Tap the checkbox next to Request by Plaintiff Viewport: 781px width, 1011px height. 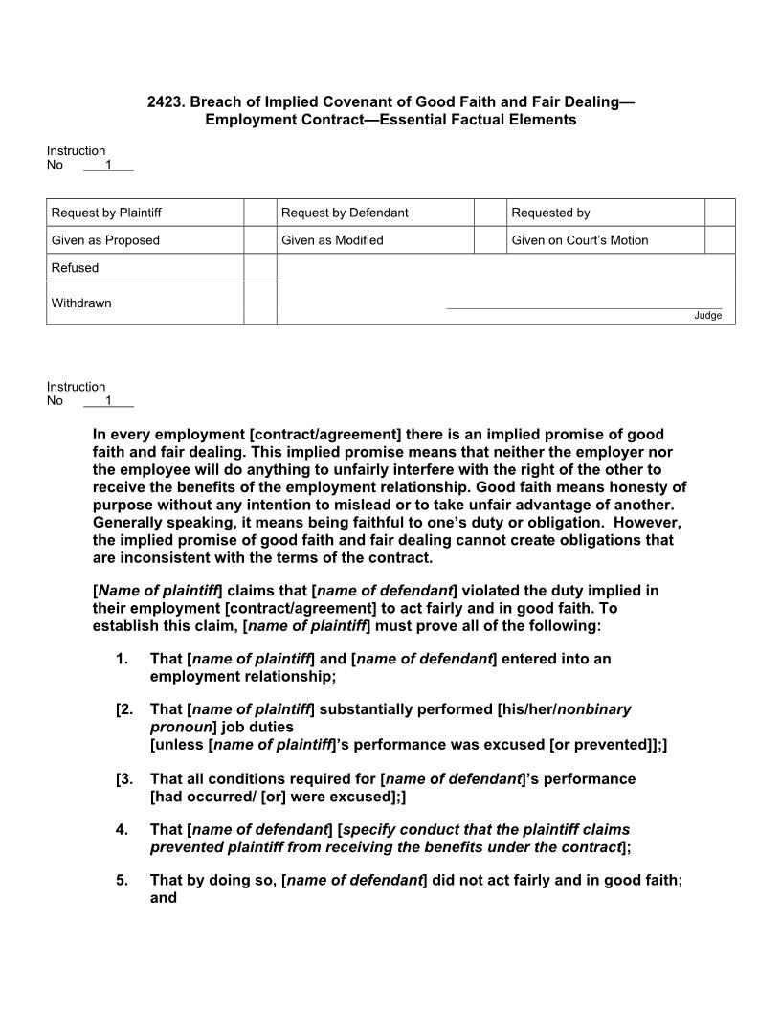tap(259, 213)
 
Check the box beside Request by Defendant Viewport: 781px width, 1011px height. tap(490, 213)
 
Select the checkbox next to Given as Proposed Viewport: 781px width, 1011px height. tap(259, 240)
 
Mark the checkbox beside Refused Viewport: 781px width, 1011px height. tap(259, 268)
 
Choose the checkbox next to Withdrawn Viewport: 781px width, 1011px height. tap(259, 303)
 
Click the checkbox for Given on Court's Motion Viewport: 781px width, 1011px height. tap(720, 240)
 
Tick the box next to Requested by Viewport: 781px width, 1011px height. tap(720, 213)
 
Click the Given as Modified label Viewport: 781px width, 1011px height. tap(332, 240)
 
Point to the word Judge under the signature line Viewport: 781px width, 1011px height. tap(708, 316)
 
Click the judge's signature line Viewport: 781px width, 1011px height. tap(584, 308)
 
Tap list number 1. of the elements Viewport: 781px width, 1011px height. tap(122, 659)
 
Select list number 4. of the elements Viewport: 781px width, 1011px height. tap(122, 829)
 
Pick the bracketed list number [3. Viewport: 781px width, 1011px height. tap(123, 778)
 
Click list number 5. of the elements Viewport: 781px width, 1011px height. tap(122, 880)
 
